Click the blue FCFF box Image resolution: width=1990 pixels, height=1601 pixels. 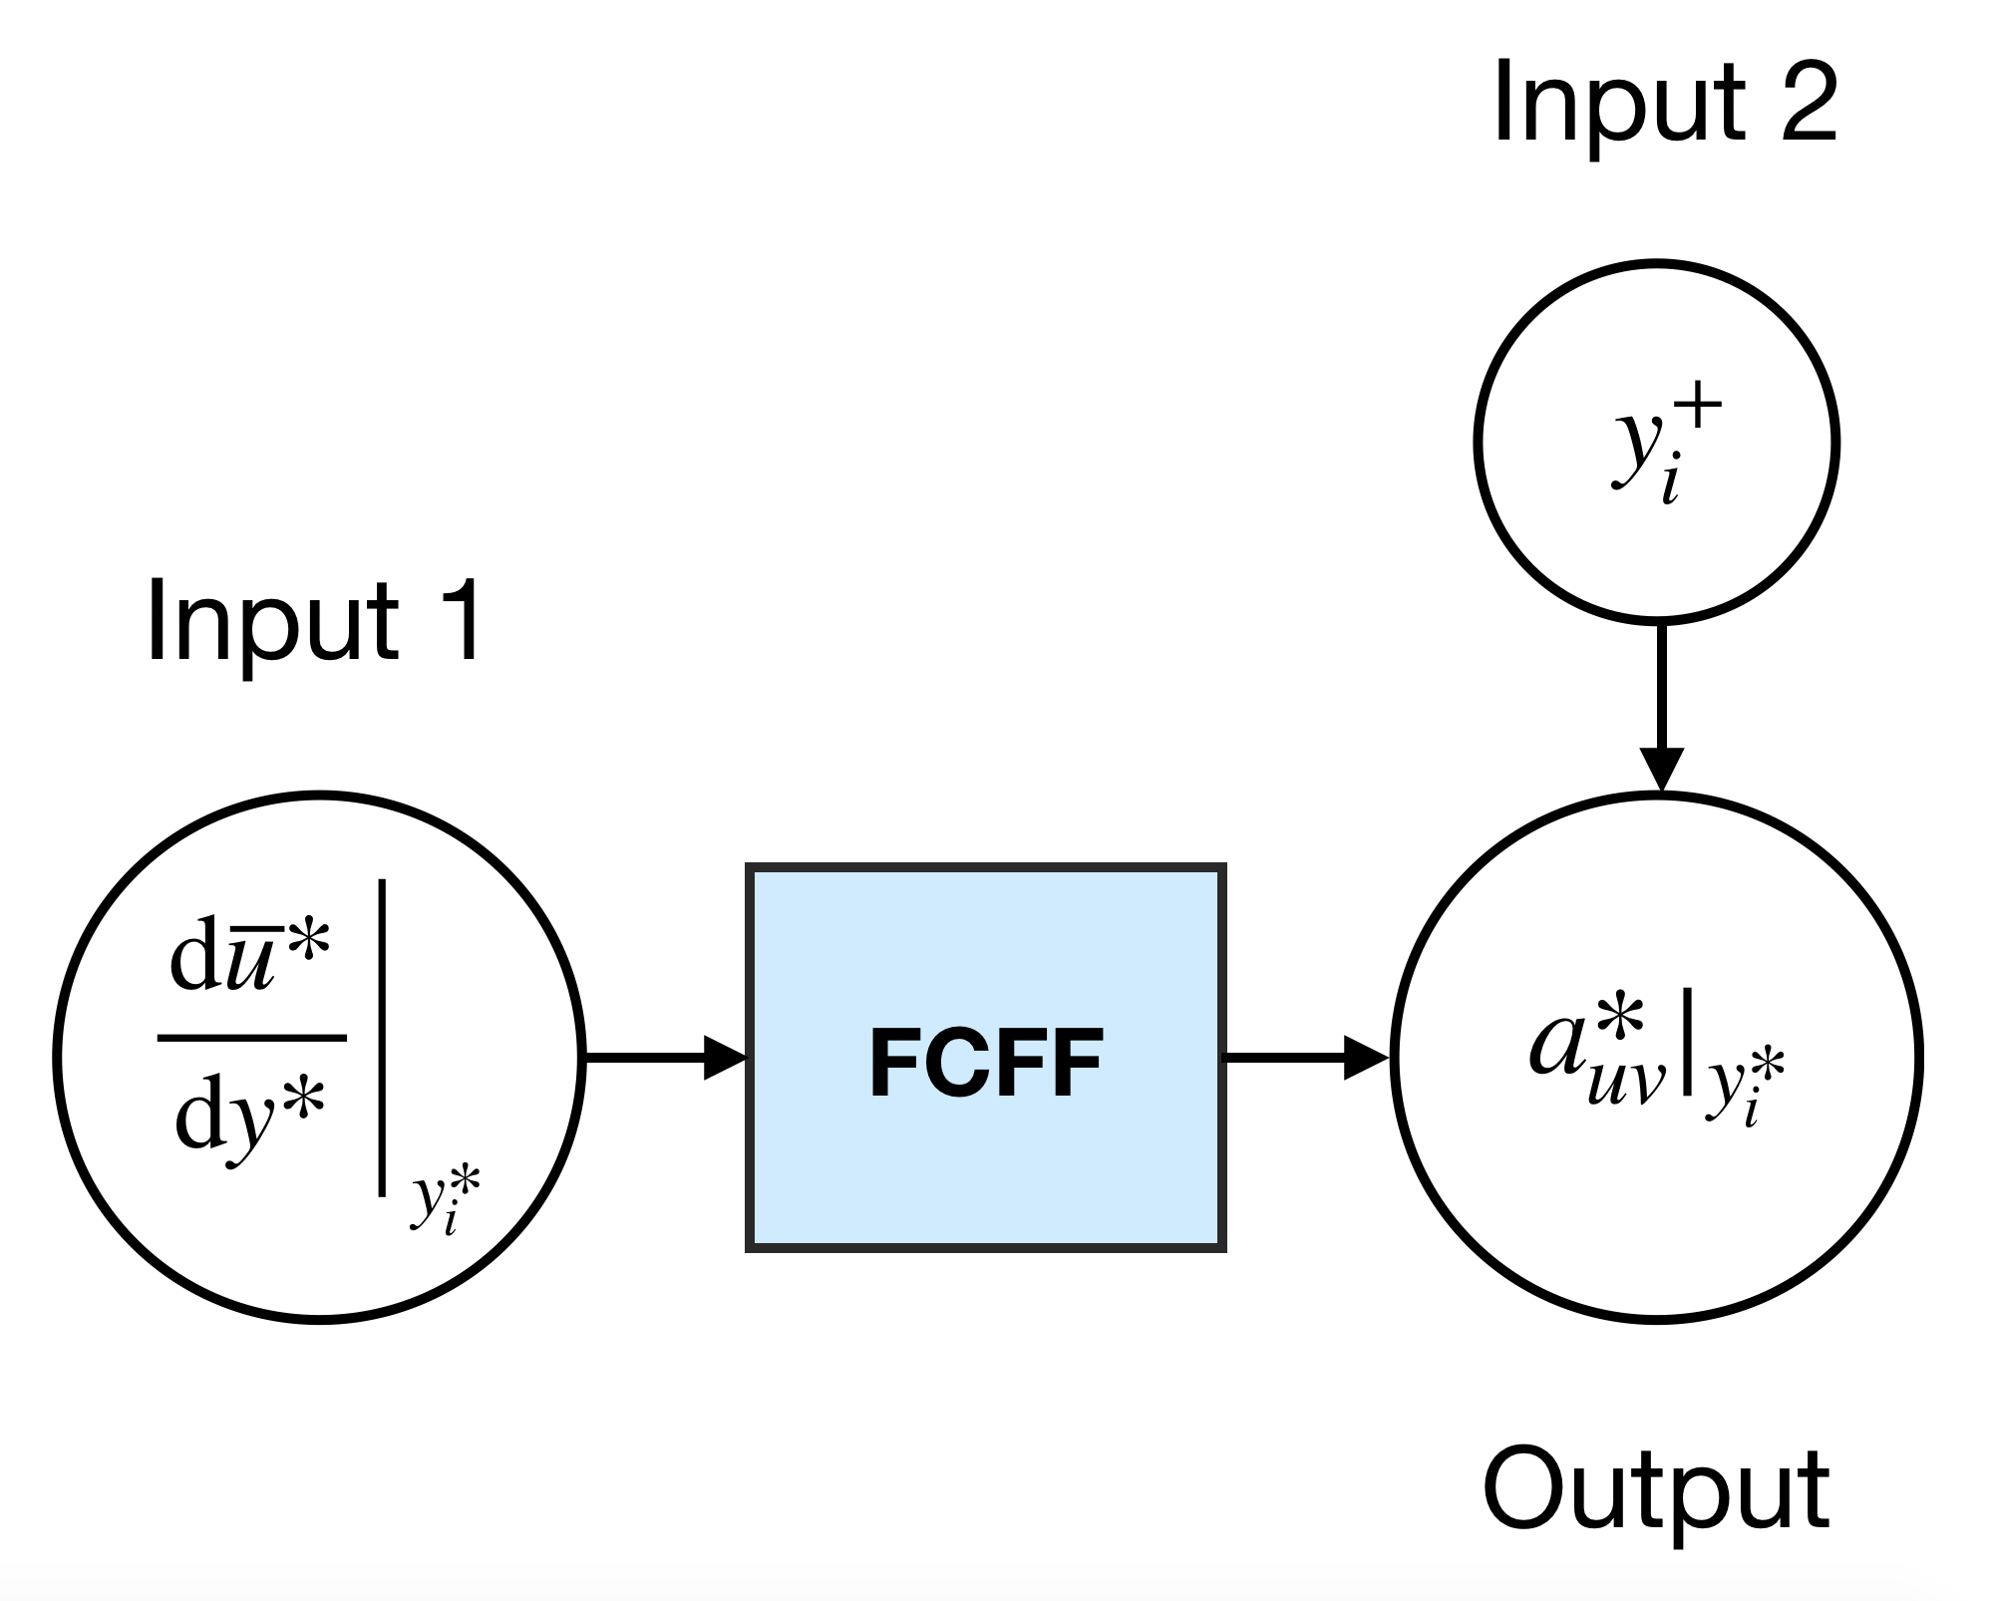(986, 1057)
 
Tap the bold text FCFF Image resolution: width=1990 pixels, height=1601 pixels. (986, 1063)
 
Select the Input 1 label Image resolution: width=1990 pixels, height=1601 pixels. (315, 621)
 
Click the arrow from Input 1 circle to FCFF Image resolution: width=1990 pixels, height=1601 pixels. (666, 1057)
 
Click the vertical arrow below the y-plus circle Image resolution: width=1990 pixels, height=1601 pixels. (1661, 709)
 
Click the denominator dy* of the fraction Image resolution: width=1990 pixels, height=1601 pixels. (249, 1117)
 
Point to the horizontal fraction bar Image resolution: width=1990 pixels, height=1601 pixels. (252, 1038)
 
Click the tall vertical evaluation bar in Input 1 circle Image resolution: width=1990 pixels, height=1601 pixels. (382, 1037)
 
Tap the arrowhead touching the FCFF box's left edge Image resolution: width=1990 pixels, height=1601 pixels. (726, 1057)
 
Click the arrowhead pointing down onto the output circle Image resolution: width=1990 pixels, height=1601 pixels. (1661, 771)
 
